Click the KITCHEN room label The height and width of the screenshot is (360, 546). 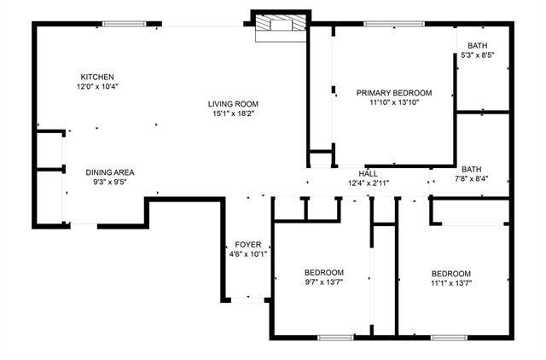tap(96, 77)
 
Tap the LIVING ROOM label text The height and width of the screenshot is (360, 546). tap(231, 104)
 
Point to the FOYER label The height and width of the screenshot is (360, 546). tap(248, 244)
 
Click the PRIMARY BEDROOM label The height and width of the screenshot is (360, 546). tap(394, 93)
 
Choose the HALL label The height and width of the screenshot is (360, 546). tap(369, 173)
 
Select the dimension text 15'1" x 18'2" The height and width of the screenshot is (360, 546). tap(231, 114)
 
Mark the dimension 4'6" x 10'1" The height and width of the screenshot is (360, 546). tap(248, 254)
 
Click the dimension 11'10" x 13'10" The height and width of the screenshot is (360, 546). tap(394, 103)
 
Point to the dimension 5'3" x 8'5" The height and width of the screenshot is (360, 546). tap(478, 55)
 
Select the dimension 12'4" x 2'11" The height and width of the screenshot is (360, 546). tap(369, 183)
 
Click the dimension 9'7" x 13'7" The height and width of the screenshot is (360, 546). tap(324, 283)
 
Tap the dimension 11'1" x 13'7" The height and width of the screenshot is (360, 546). tap(451, 283)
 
